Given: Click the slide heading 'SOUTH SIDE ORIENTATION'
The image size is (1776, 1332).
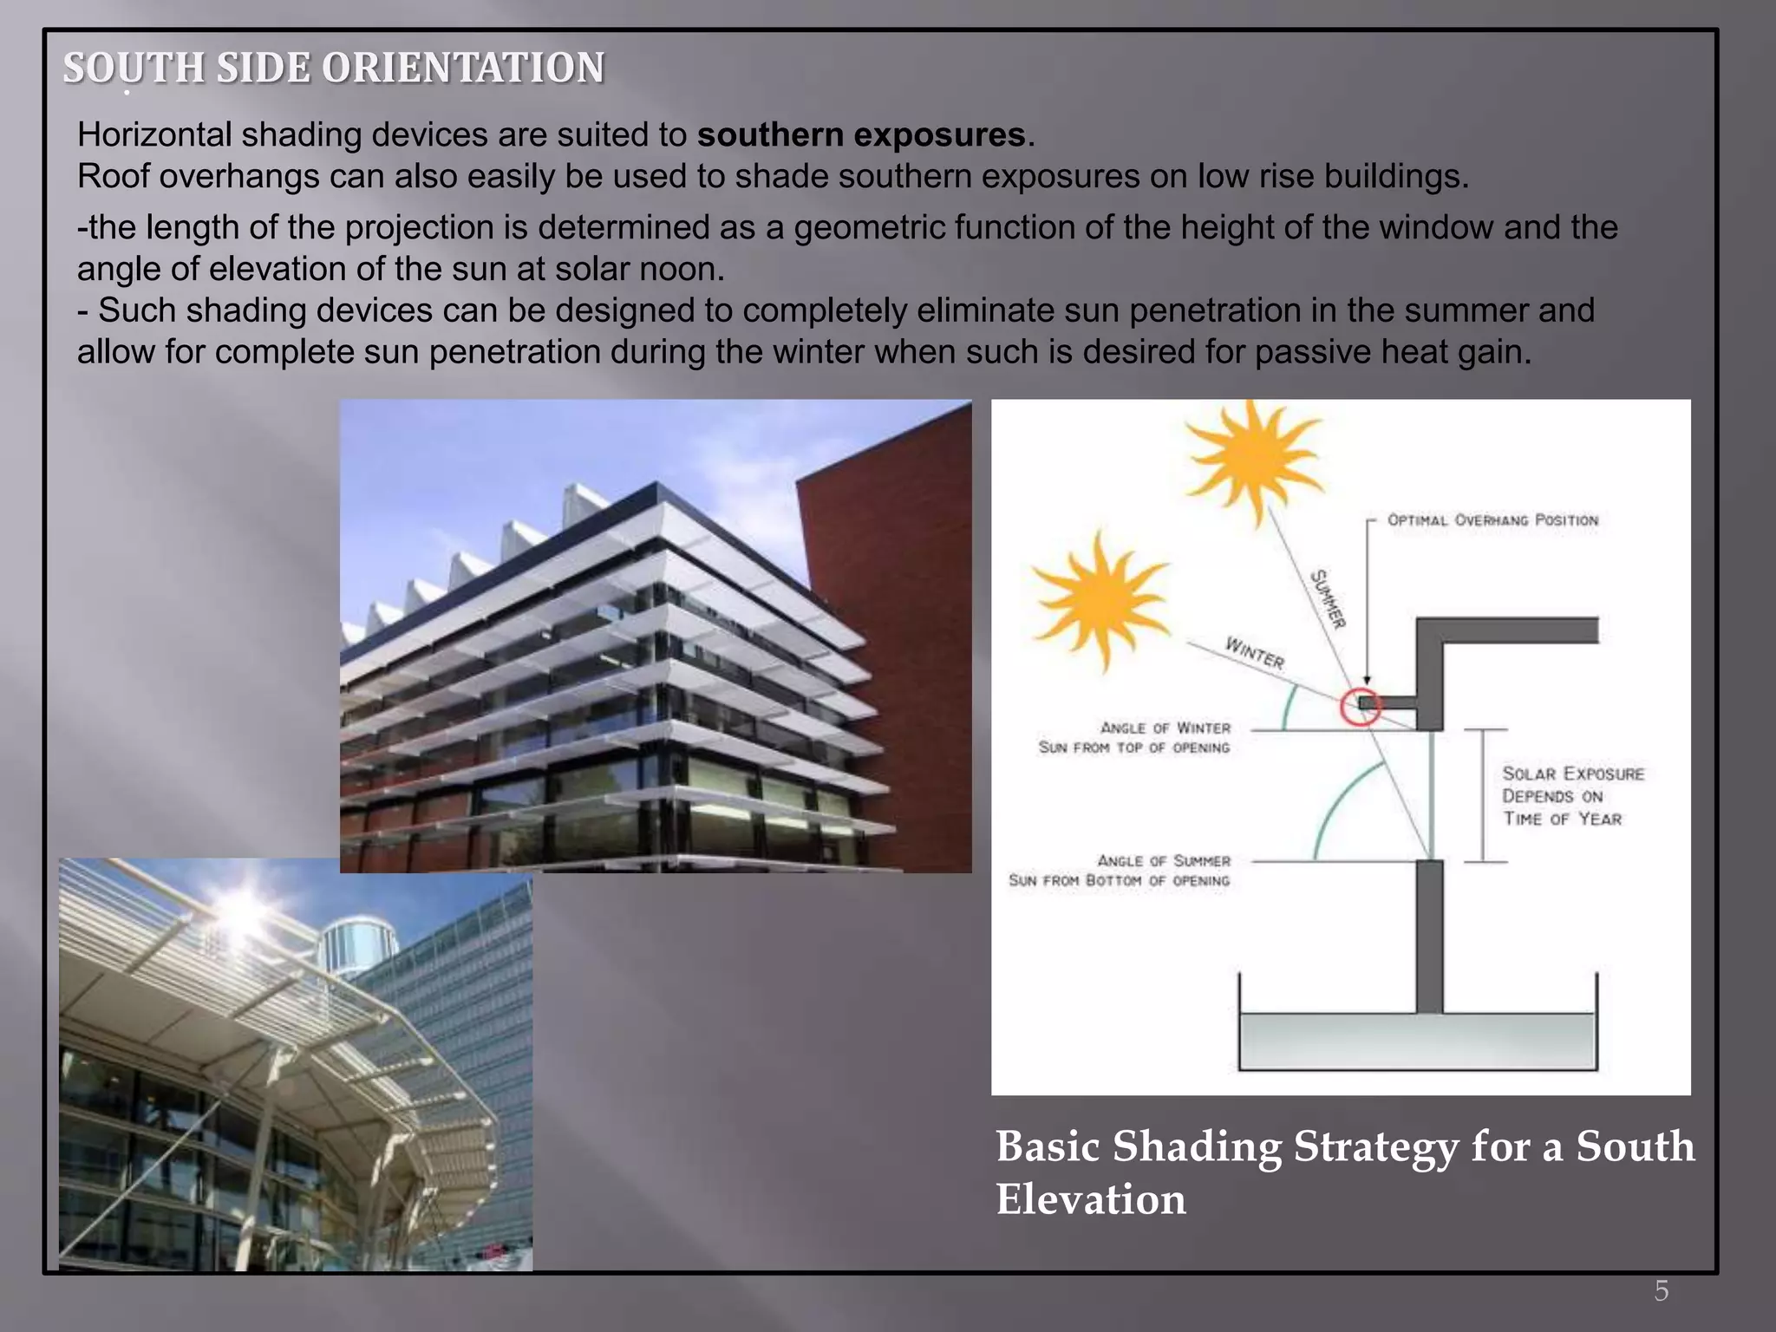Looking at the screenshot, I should tap(334, 68).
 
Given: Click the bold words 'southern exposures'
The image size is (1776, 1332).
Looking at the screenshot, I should tap(861, 135).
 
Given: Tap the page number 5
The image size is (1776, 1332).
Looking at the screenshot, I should tap(1661, 1291).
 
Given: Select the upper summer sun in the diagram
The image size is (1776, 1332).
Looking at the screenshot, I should tap(1253, 457).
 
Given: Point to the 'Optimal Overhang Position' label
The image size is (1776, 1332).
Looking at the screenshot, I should tap(1492, 520).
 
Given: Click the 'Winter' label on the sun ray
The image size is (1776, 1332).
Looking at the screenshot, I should tap(1254, 652).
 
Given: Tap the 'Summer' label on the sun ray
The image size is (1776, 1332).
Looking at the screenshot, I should tap(1328, 598).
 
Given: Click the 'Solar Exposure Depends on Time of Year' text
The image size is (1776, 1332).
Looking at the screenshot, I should tap(1571, 796).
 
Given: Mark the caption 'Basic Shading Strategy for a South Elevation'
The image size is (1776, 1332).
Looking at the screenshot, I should tap(1343, 1172).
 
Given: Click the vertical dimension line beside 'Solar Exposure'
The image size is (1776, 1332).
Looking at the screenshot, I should tap(1482, 795).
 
